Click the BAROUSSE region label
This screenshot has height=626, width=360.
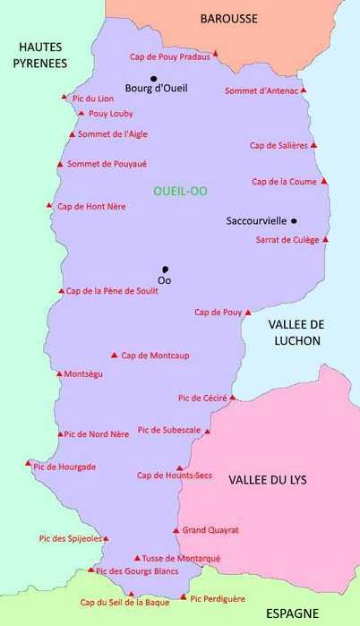click(x=228, y=18)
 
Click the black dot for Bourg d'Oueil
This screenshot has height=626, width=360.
click(x=153, y=78)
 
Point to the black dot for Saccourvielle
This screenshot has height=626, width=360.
click(x=294, y=220)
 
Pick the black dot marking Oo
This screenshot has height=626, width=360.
click(x=165, y=269)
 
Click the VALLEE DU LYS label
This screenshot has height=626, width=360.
click(x=267, y=480)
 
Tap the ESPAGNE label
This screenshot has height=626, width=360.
click(x=293, y=613)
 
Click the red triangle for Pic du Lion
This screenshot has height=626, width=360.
click(x=64, y=97)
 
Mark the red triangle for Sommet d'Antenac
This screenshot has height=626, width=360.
click(x=304, y=90)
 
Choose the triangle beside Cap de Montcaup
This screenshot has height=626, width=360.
click(x=114, y=355)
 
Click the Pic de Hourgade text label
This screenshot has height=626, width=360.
click(x=64, y=467)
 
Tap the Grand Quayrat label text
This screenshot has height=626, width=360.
click(x=210, y=530)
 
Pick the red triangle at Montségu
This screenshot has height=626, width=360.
click(x=59, y=373)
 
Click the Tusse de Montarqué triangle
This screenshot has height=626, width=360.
click(x=136, y=557)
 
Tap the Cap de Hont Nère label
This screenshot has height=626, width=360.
click(x=91, y=206)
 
